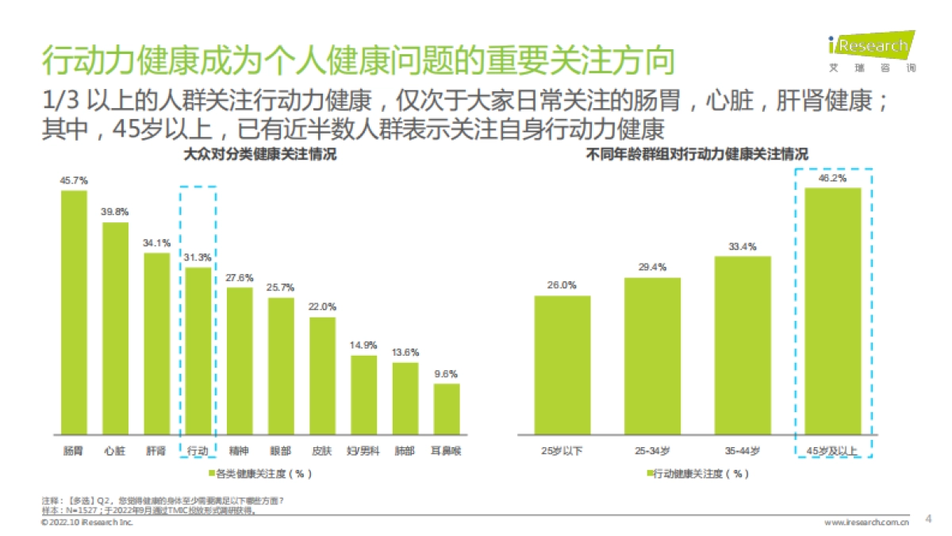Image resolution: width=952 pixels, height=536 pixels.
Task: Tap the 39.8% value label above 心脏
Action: pyautogui.click(x=115, y=212)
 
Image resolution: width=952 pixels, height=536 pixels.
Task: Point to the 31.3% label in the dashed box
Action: pyautogui.click(x=198, y=257)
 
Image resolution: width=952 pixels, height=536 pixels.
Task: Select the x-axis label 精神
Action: pyautogui.click(x=239, y=451)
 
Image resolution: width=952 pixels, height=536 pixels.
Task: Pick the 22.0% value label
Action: pyautogui.click(x=322, y=307)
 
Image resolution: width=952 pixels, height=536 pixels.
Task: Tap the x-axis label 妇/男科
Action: pyautogui.click(x=363, y=451)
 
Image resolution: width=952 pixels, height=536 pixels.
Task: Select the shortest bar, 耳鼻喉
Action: pyautogui.click(x=446, y=408)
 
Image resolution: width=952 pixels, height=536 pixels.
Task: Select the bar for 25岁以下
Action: pyautogui.click(x=562, y=364)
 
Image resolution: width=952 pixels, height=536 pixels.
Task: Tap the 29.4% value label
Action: pyautogui.click(x=652, y=267)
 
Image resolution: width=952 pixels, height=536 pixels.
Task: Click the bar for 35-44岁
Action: pyautogui.click(x=742, y=345)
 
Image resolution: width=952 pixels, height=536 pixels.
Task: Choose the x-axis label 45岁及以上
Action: pyautogui.click(x=832, y=451)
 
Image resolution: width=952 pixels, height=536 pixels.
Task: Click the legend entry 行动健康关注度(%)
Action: pyautogui.click(x=697, y=474)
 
